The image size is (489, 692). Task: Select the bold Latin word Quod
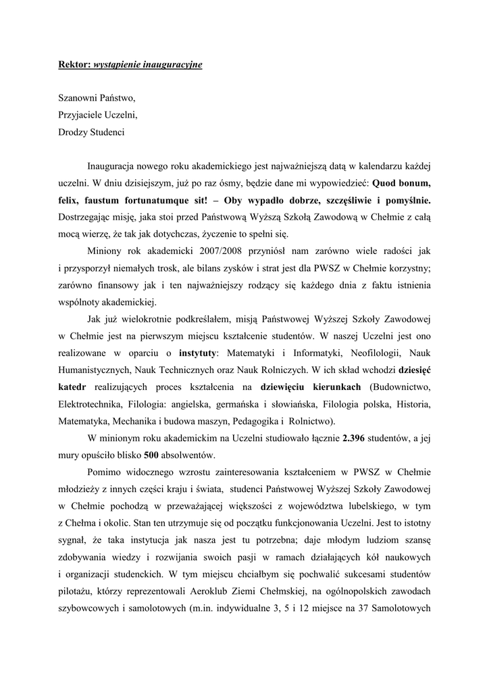pyautogui.click(x=386, y=182)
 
